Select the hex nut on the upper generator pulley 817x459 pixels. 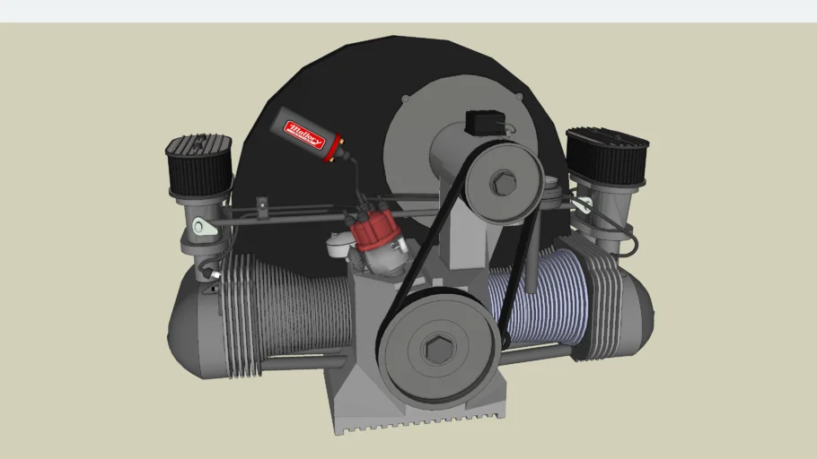point(502,184)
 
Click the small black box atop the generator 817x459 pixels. point(483,121)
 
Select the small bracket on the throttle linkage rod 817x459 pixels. point(261,207)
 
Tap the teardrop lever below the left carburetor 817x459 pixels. point(205,229)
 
